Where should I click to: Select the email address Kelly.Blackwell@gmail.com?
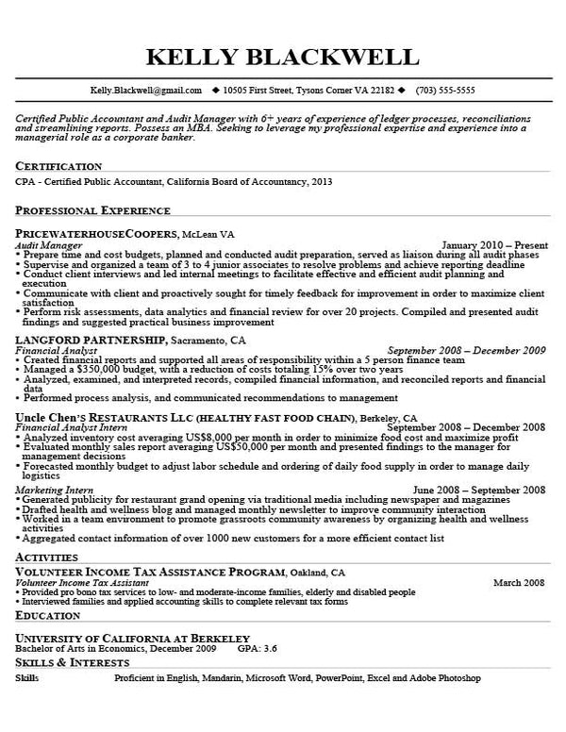145,91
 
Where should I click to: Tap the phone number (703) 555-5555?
445,91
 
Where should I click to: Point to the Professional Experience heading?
92,211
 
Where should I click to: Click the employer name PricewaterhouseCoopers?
96,233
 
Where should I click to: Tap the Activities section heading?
46,558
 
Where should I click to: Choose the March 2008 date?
519,582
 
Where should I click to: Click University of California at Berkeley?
132,638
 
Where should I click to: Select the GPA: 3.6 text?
257,649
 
